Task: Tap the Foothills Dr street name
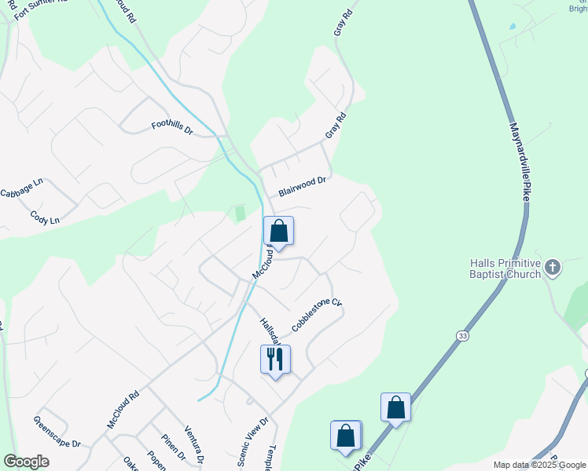click(x=172, y=126)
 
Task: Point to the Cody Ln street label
click(x=44, y=217)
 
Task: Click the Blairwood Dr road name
click(x=302, y=186)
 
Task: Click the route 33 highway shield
click(x=464, y=334)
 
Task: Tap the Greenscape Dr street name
click(x=57, y=432)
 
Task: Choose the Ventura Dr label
click(x=194, y=444)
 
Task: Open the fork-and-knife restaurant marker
click(x=275, y=360)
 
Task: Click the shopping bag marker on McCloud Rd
click(x=278, y=231)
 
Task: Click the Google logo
click(x=26, y=462)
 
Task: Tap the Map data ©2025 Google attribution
click(x=538, y=465)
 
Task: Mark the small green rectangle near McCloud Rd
click(x=241, y=213)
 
